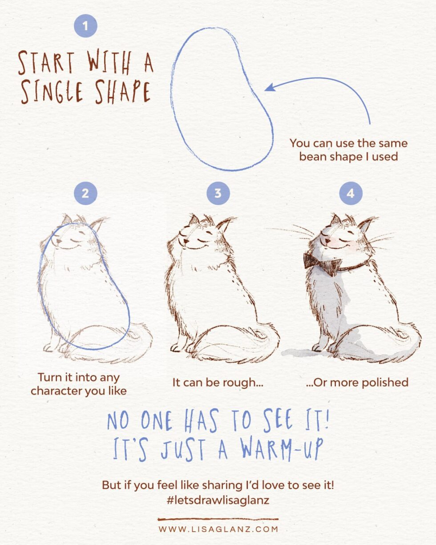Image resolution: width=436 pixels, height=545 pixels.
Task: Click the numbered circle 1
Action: (x=85, y=26)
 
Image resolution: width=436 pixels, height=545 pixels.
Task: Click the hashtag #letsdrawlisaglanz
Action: (x=218, y=500)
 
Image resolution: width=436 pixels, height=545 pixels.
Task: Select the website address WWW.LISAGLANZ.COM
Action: (x=218, y=529)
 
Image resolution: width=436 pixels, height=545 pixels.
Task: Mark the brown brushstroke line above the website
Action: (x=218, y=519)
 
